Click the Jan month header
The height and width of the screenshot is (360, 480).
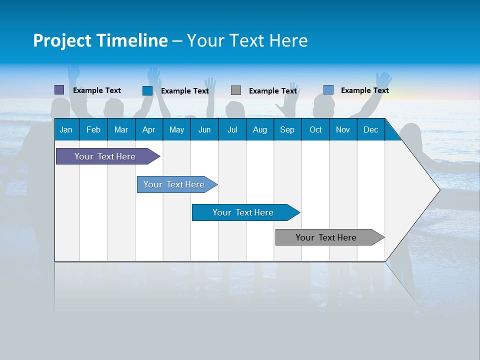point(66,129)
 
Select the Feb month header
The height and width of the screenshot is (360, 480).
point(93,129)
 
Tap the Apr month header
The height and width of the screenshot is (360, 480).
point(148,129)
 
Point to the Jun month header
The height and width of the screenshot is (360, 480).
point(204,129)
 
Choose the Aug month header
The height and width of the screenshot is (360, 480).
point(259,129)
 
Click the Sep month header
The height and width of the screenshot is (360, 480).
point(287,129)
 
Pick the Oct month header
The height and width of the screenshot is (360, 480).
point(315,129)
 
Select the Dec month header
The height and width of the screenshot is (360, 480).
point(370,129)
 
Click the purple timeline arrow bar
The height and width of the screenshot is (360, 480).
point(105,156)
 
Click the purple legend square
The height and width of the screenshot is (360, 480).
point(59,90)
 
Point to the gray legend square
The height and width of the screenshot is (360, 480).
point(236,90)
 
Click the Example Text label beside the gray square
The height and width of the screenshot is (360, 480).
point(273,91)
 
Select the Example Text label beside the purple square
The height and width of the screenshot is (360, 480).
point(97,90)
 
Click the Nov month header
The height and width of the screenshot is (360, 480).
point(343,129)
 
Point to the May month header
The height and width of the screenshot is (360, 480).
point(176,129)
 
